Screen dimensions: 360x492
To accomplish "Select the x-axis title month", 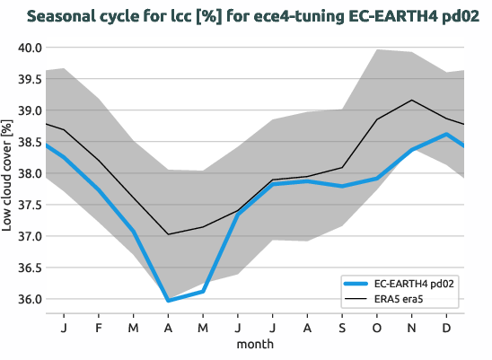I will [x=255, y=343].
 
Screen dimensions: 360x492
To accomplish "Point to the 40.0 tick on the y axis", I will [x=29, y=48].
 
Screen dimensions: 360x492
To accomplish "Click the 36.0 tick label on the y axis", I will [x=29, y=299].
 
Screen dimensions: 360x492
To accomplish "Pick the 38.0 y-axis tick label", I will [x=29, y=173].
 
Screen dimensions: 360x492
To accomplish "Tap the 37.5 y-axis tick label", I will [x=29, y=205].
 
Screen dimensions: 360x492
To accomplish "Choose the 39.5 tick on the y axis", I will [x=29, y=79].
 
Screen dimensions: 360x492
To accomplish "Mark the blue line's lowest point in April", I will [x=168, y=301].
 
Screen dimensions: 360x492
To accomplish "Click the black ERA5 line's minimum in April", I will [x=168, y=234].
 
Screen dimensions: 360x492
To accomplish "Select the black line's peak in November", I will [x=412, y=100].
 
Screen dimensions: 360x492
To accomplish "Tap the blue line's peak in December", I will [x=447, y=134].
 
